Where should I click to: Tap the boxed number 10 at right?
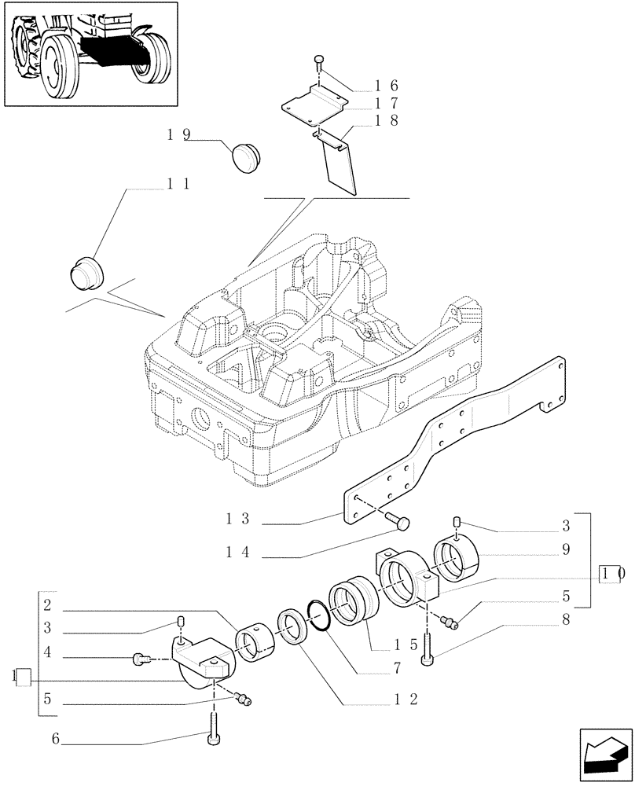pyautogui.click(x=612, y=574)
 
